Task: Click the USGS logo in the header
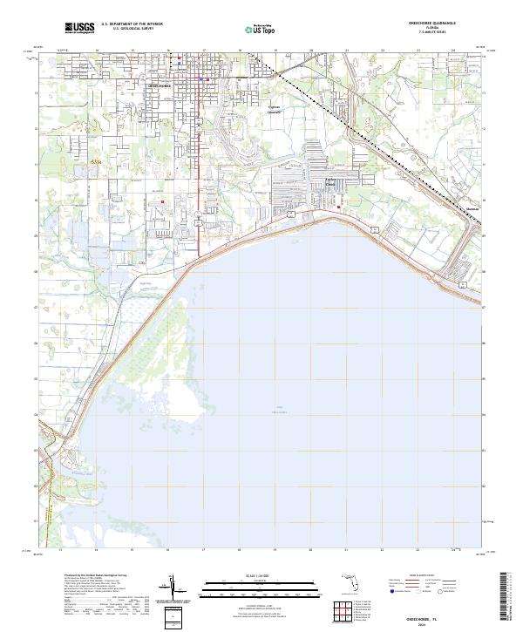click(80, 29)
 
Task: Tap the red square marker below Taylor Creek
click(339, 207)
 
